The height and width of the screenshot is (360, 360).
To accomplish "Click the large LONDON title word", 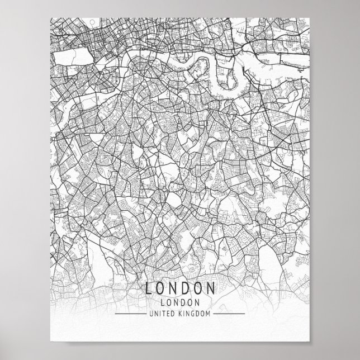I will coord(180,290).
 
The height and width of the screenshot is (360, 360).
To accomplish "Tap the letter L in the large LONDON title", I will coord(148,290).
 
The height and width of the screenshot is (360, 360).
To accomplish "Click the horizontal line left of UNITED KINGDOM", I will coord(131,315).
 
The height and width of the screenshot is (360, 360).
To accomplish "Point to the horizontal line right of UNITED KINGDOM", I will coord(229,315).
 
